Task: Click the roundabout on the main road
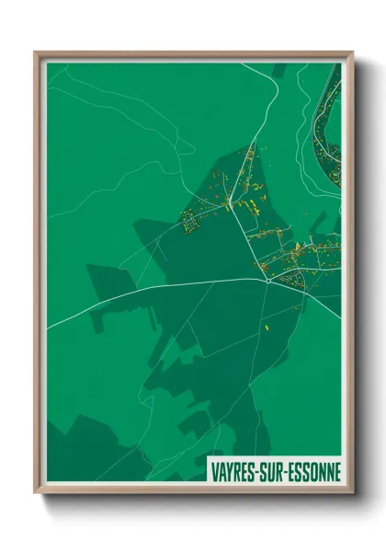pos(267,282)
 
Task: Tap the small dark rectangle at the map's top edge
pos(281,70)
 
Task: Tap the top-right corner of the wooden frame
pos(352,52)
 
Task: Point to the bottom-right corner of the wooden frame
pos(352,492)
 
